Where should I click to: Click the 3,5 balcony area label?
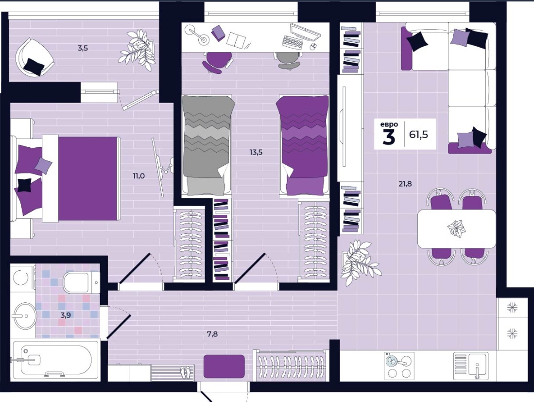[x=83, y=48]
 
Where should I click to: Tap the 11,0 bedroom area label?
[x=138, y=176]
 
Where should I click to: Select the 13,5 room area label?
[x=256, y=152]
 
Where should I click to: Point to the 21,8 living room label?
[x=405, y=184]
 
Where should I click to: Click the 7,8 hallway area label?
[x=212, y=334]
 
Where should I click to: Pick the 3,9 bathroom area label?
[x=66, y=315]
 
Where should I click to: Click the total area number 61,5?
[x=418, y=135]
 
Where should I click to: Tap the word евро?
[x=389, y=124]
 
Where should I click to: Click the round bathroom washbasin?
[x=24, y=315]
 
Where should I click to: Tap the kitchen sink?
[x=471, y=366]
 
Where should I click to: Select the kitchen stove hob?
[x=399, y=366]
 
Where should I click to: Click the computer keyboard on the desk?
[x=293, y=42]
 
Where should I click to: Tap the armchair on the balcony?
[x=34, y=57]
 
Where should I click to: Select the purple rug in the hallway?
[x=224, y=366]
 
